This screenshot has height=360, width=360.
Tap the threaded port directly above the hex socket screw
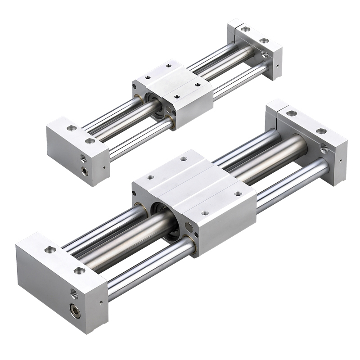click(x=74, y=294)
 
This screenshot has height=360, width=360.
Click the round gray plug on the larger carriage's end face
click(x=187, y=226)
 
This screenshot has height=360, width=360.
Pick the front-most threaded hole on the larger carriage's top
click(x=205, y=213)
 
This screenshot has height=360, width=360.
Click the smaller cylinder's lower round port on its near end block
click(x=84, y=170)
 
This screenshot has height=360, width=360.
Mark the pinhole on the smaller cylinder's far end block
click(x=277, y=66)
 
